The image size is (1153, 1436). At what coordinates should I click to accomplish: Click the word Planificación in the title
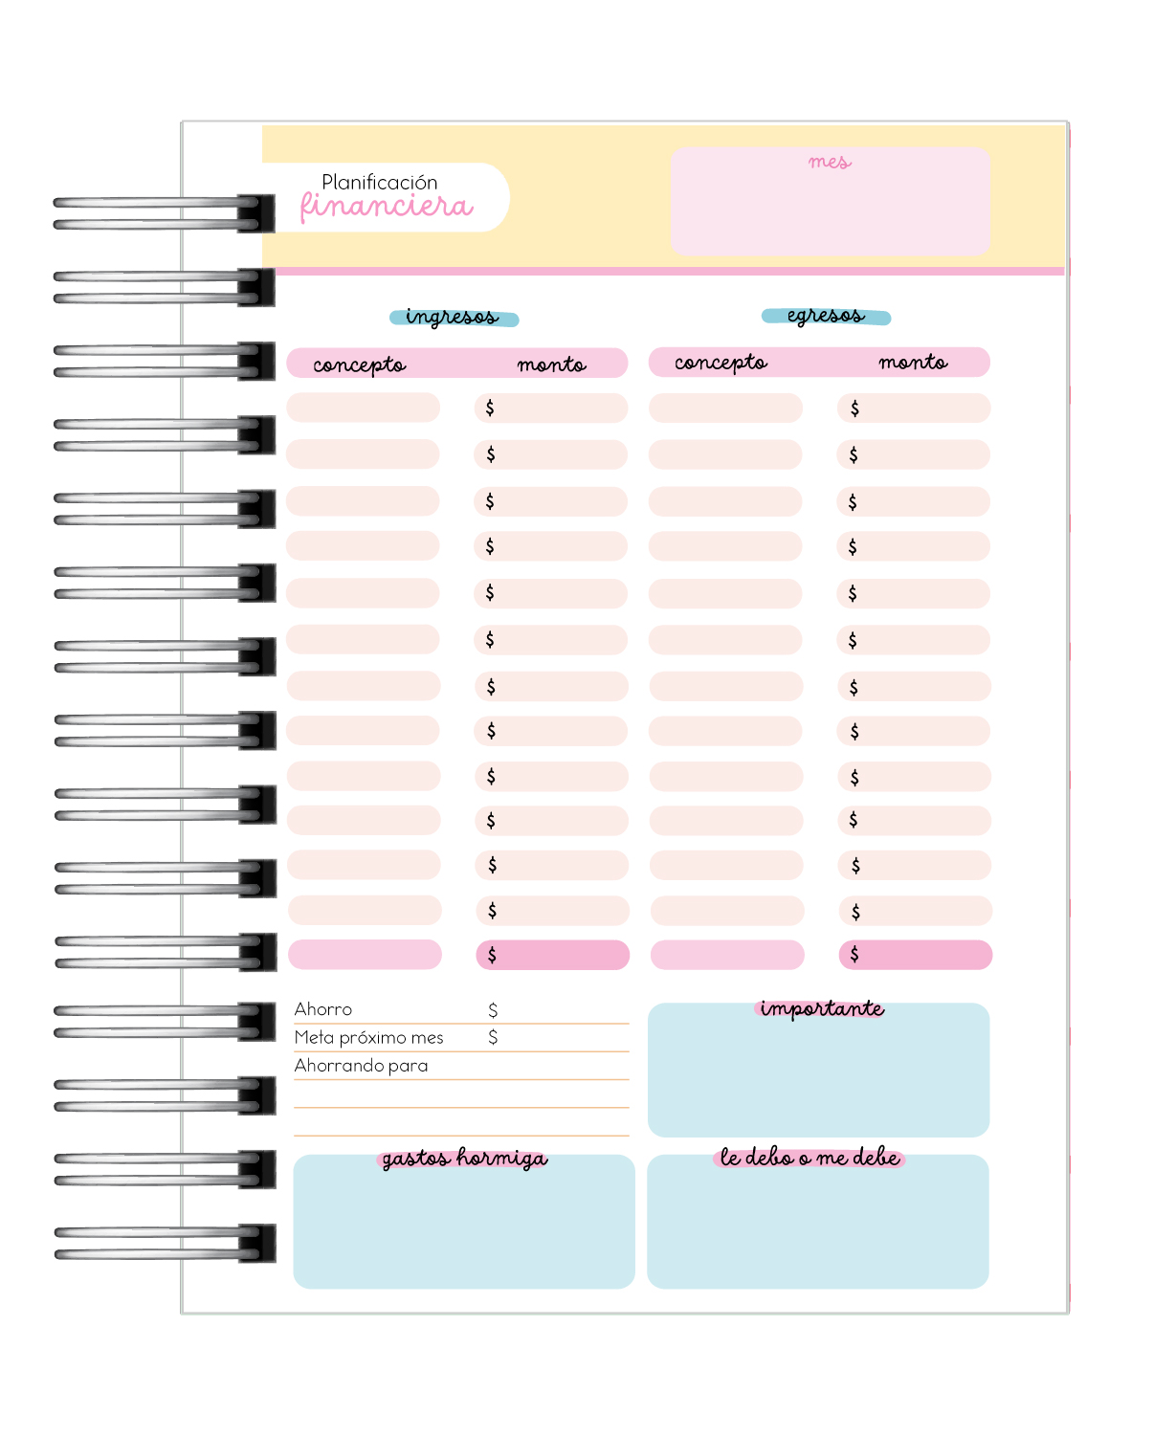coord(379,182)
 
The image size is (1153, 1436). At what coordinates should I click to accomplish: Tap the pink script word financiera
coord(387,207)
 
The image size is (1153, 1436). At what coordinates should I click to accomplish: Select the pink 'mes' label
coord(830,162)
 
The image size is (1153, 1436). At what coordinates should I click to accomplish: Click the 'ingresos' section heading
coord(453,317)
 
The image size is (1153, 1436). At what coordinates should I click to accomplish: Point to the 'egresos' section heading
coord(826,316)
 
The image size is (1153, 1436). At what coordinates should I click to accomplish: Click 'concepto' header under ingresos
coord(359,365)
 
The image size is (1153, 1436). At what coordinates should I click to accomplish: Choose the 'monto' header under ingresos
coord(551,365)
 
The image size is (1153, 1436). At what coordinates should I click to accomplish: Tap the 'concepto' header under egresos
coord(721,363)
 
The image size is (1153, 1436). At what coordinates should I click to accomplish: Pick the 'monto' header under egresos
coord(913,363)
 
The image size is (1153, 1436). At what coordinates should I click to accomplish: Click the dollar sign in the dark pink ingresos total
coord(492,955)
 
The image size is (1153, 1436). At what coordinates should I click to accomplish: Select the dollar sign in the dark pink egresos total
coord(854,954)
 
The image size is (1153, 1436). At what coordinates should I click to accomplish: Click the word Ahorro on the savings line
coord(323,1009)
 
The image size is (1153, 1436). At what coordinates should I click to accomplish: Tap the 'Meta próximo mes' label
coord(368,1038)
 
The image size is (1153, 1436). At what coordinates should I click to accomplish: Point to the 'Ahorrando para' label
coord(361,1066)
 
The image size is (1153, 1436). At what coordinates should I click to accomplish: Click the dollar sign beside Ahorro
coord(493,1010)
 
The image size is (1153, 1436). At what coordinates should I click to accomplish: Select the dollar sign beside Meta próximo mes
coord(493,1037)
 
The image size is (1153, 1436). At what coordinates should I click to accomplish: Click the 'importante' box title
coord(822,1009)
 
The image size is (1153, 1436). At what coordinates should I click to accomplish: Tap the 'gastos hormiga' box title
coord(465,1159)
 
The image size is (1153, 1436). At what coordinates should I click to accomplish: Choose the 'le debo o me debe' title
coord(809,1157)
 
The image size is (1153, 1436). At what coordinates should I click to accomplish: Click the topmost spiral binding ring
coord(164,213)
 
